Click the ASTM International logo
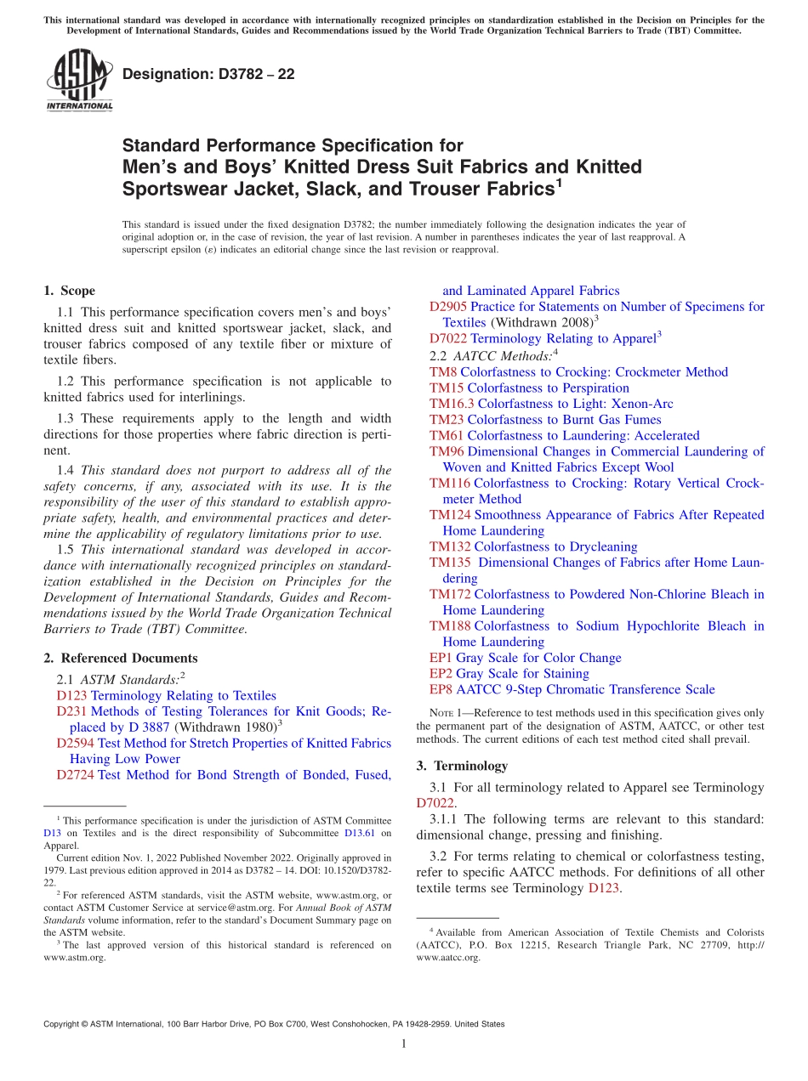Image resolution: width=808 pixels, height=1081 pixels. [x=78, y=81]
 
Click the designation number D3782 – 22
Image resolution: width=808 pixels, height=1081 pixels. [x=208, y=74]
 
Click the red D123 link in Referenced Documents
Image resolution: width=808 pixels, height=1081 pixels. [x=71, y=695]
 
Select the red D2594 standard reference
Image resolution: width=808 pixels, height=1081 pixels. [x=75, y=743]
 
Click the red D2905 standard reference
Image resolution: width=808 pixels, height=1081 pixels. [x=447, y=307]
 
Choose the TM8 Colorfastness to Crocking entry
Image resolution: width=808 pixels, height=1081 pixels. [x=578, y=372]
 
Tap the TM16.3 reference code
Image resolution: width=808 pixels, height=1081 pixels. [x=452, y=404]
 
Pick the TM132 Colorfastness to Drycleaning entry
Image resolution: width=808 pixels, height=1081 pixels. [x=532, y=546]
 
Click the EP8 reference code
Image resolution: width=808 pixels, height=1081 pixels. [x=441, y=689]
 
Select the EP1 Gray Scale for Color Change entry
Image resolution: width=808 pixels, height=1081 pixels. [x=525, y=658]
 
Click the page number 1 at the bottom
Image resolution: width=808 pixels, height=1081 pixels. [x=404, y=1044]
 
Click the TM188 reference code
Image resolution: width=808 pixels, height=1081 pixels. [x=449, y=626]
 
